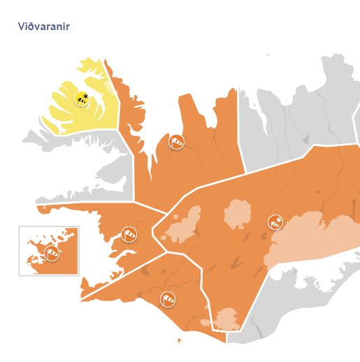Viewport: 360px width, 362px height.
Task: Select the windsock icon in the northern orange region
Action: pyautogui.click(x=177, y=143)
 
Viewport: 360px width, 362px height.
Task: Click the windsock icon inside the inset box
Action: pyautogui.click(x=51, y=253)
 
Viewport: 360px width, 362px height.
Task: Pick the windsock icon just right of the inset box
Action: pyautogui.click(x=129, y=234)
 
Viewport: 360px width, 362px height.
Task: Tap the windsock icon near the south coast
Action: pyautogui.click(x=168, y=300)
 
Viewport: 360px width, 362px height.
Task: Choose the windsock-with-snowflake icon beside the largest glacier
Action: pyautogui.click(x=275, y=223)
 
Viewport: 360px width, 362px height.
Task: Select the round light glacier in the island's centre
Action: pyautogui.click(x=236, y=217)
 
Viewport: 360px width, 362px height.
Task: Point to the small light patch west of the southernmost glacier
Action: pyautogui.click(x=206, y=323)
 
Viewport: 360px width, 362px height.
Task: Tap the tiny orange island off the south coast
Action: pyautogui.click(x=179, y=341)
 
